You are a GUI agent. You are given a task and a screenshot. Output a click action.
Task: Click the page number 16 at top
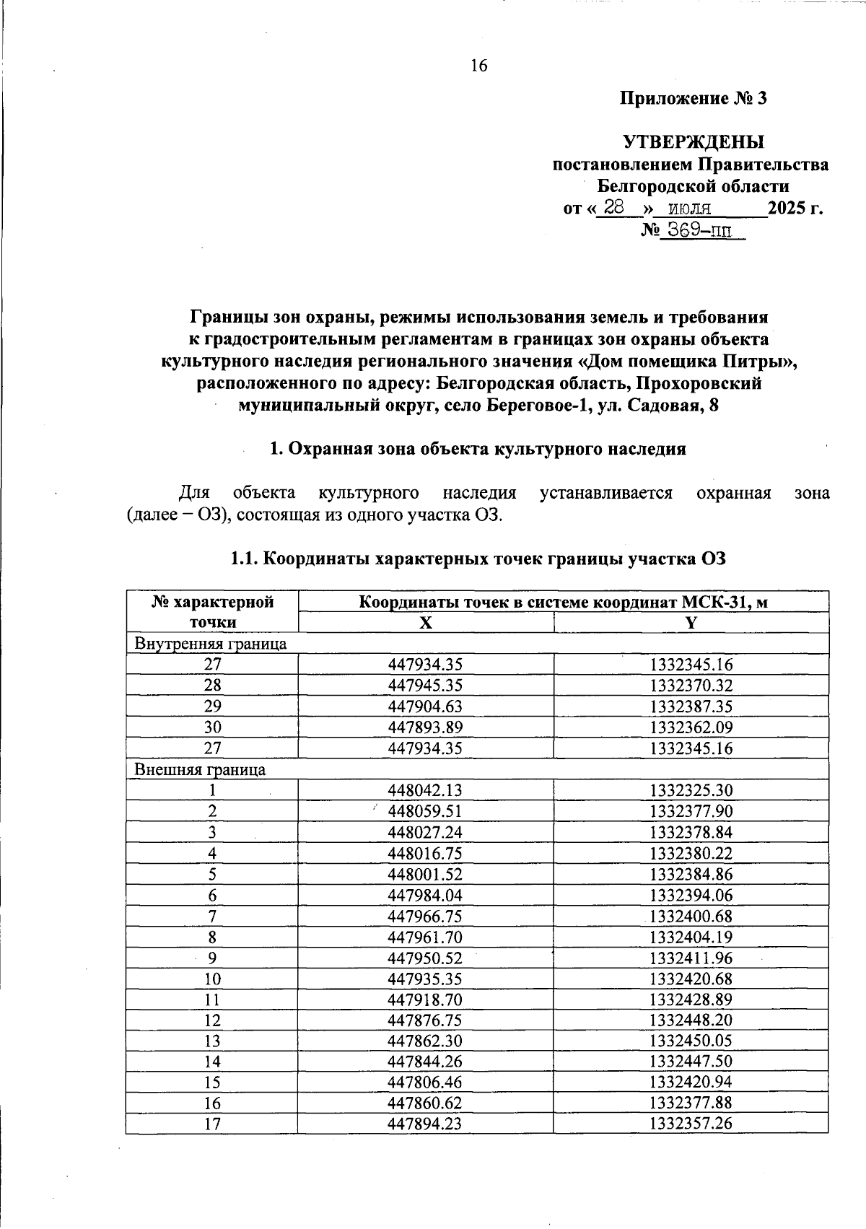[479, 66]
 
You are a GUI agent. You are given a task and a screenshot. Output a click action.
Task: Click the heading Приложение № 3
[694, 98]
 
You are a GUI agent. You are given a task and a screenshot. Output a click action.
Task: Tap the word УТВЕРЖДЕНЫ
[694, 141]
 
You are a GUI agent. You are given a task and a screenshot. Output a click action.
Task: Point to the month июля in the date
[690, 209]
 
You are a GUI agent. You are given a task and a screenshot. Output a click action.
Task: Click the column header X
[426, 623]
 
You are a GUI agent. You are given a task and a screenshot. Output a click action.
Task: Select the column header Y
[691, 623]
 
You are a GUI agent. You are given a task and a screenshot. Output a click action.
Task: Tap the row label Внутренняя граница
[211, 643]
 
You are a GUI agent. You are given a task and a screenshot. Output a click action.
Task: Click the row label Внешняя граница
[200, 769]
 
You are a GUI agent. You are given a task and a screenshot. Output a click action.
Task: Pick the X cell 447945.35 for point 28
[425, 685]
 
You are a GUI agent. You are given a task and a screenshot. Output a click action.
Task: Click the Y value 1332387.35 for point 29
[691, 706]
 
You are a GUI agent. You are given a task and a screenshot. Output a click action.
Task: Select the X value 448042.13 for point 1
[425, 790]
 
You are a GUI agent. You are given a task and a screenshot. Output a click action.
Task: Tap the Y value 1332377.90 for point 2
[691, 811]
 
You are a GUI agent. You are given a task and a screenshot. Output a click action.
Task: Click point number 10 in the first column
[212, 979]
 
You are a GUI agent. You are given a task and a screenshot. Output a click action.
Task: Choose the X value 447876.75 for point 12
[425, 1020]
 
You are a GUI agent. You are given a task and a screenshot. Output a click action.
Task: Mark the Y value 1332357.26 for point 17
[691, 1124]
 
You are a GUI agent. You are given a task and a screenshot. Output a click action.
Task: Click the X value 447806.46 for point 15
[425, 1083]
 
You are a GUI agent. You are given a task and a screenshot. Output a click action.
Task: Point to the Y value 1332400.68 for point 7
[691, 917]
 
